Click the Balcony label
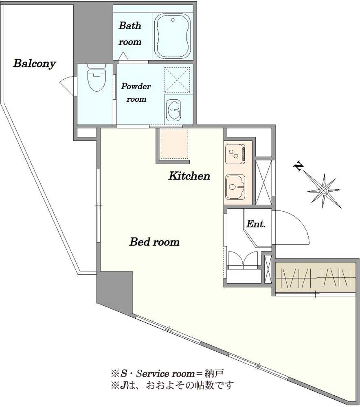(x=35, y=63)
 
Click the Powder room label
(x=136, y=92)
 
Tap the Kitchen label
(x=189, y=176)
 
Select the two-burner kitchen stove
(x=235, y=154)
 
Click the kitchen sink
(x=235, y=187)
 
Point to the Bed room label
(x=154, y=242)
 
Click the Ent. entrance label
(x=256, y=224)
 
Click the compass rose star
(x=324, y=191)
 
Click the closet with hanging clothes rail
(x=315, y=277)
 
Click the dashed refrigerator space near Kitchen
(x=174, y=144)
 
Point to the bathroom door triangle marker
(x=123, y=56)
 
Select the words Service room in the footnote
(x=165, y=374)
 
